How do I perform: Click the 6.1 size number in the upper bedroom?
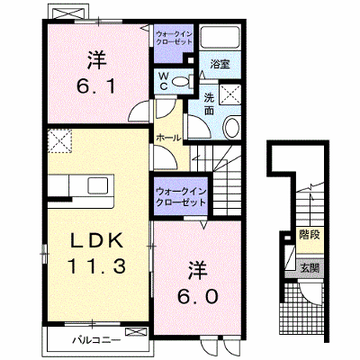(95, 87)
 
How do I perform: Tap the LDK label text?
(97, 240)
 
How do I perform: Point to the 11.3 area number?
(96, 266)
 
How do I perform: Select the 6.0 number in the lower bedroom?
(197, 297)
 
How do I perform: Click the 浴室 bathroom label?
(220, 64)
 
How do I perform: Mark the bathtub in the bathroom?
(220, 37)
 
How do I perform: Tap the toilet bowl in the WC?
(180, 82)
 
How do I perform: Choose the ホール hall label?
(168, 138)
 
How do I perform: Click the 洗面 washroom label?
(209, 103)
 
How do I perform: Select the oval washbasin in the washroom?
(232, 128)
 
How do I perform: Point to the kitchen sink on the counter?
(97, 185)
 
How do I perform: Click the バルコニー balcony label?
(96, 340)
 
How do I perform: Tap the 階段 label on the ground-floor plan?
(310, 235)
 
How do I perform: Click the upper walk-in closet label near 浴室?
(174, 38)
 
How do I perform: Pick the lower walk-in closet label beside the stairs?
(181, 196)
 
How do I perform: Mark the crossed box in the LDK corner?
(60, 140)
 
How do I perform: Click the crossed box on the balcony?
(137, 332)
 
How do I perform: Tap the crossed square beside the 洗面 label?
(230, 94)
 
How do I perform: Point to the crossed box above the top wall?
(67, 13)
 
